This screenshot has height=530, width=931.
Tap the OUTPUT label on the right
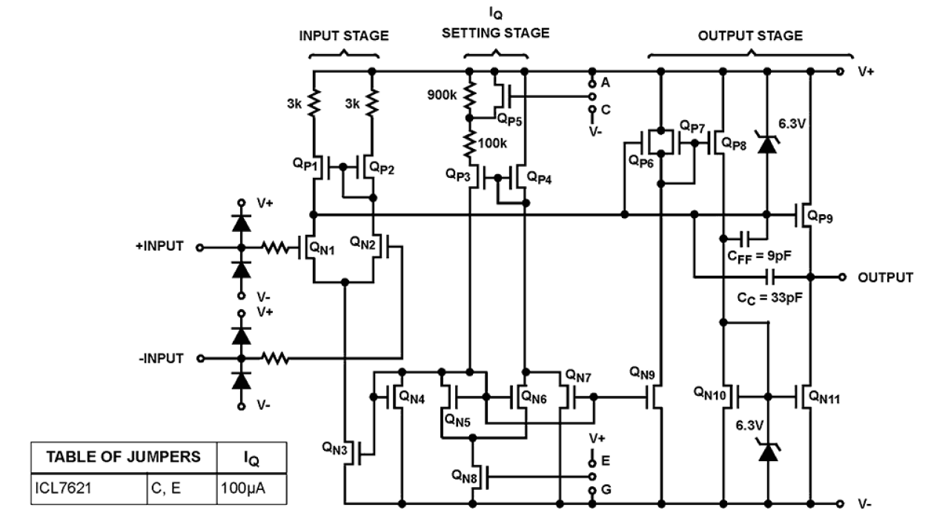(x=885, y=277)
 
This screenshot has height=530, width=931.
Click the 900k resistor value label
(x=442, y=96)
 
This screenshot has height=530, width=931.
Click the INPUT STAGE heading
(x=344, y=36)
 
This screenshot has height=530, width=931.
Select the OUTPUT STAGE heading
(x=750, y=36)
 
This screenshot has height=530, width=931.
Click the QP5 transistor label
(x=510, y=118)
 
